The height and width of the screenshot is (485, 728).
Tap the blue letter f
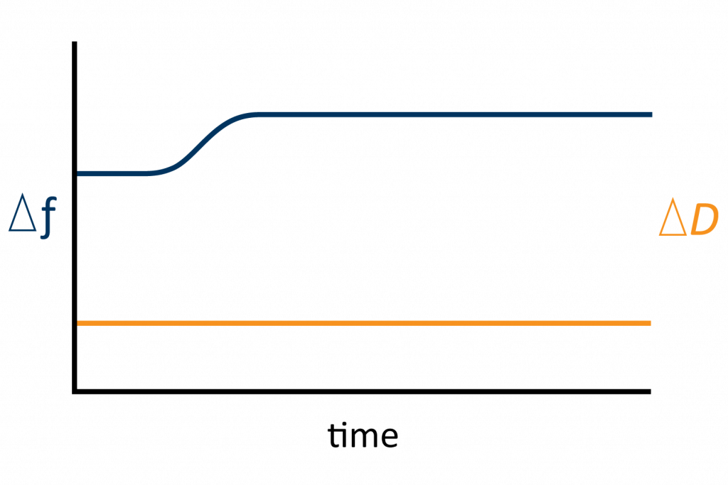pyautogui.click(x=48, y=217)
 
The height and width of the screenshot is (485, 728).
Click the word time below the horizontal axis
pyautogui.click(x=363, y=435)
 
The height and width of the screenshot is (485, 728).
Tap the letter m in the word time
pyautogui.click(x=363, y=438)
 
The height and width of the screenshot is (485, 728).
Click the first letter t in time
pyautogui.click(x=333, y=436)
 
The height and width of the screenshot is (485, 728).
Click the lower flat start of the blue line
pyautogui.click(x=112, y=173)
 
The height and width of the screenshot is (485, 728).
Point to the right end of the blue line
pyautogui.click(x=652, y=114)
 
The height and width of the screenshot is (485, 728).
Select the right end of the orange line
pyautogui.click(x=651, y=323)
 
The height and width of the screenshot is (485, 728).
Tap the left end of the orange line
pyautogui.click(x=77, y=323)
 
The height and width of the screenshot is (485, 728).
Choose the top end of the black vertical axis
pyautogui.click(x=74, y=42)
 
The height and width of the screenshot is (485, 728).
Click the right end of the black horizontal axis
pyautogui.click(x=651, y=392)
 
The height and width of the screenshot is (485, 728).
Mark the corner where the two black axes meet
pyautogui.click(x=74, y=392)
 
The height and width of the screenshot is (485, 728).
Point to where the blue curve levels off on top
pyautogui.click(x=257, y=114)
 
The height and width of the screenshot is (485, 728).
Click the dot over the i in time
pyautogui.click(x=343, y=424)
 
